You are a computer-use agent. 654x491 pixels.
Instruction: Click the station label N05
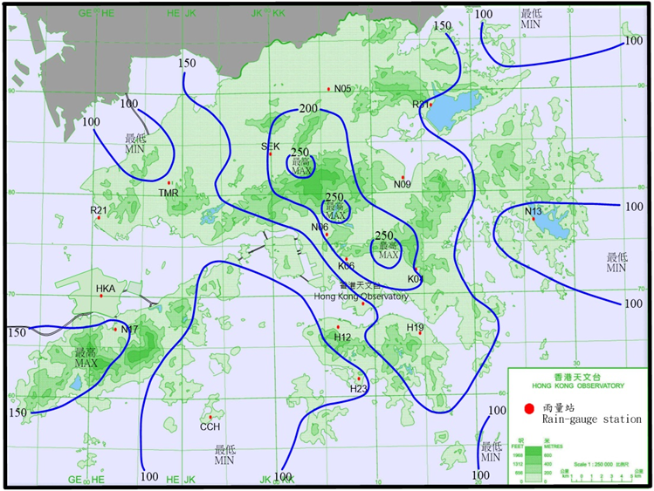342,89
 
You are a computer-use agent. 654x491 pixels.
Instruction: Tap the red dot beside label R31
430,105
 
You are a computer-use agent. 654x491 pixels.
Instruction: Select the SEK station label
270,146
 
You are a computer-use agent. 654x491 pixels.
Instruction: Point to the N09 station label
402,184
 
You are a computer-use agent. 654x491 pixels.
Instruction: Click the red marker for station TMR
169,182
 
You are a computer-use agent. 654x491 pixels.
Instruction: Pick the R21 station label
99,210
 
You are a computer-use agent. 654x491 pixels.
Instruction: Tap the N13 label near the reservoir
534,211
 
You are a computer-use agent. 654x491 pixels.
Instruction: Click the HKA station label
106,288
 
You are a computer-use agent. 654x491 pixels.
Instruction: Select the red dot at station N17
115,329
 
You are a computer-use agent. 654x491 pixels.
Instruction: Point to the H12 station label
342,337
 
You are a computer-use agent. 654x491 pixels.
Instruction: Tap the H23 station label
358,389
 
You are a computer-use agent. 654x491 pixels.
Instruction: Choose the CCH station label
210,426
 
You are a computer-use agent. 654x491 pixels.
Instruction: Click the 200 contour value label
308,109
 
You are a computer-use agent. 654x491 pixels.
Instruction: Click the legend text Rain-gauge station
593,419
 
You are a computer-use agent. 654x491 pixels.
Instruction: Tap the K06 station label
346,265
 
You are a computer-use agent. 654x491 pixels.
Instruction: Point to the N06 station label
320,227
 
